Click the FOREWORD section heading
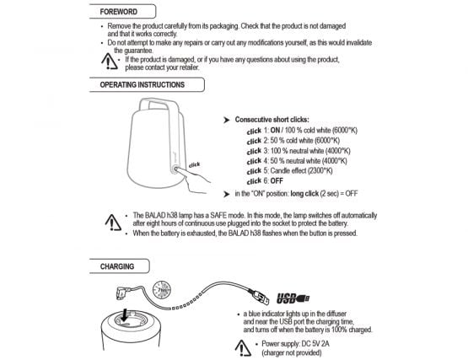coord(119,12)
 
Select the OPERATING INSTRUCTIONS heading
coord(142,85)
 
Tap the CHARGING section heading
coord(117,266)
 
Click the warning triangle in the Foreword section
coord(110,62)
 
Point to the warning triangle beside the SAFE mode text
coord(113,223)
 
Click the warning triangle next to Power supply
coord(243,348)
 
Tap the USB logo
coord(293,298)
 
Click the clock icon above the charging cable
coord(162,289)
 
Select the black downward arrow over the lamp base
coord(125,315)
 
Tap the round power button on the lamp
coord(175,169)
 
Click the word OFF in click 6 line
coord(277,181)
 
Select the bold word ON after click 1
coord(275,130)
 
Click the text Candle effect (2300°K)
coord(301,171)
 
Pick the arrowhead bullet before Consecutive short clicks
coord(227,120)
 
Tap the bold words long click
coord(304,194)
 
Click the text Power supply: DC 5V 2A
coord(295,344)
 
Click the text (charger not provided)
coord(292,353)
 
